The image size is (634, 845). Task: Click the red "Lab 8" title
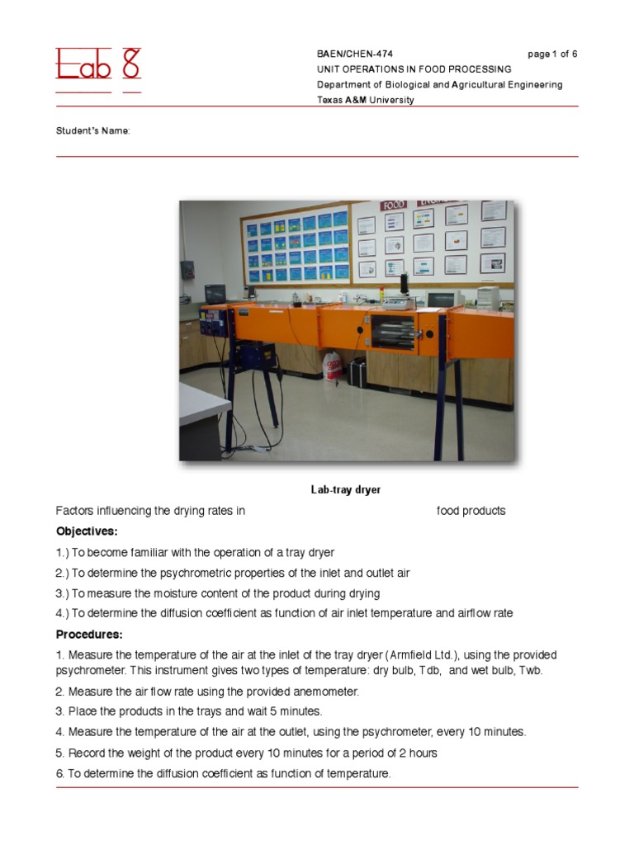pyautogui.click(x=98, y=64)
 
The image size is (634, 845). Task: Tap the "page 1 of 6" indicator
pyautogui.click(x=552, y=54)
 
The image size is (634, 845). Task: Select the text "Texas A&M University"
pyautogui.click(x=366, y=100)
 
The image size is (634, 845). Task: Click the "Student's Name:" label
pyautogui.click(x=92, y=131)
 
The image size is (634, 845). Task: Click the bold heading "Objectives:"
pyautogui.click(x=87, y=531)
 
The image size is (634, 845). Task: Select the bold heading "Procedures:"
pyautogui.click(x=89, y=635)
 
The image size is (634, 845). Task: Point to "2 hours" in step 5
pyautogui.click(x=418, y=753)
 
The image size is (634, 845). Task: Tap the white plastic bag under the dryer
pyautogui.click(x=332, y=366)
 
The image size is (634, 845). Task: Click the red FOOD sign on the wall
pyautogui.click(x=394, y=205)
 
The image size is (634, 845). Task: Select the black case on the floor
pyautogui.click(x=357, y=372)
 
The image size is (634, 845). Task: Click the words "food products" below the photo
pyautogui.click(x=471, y=511)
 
